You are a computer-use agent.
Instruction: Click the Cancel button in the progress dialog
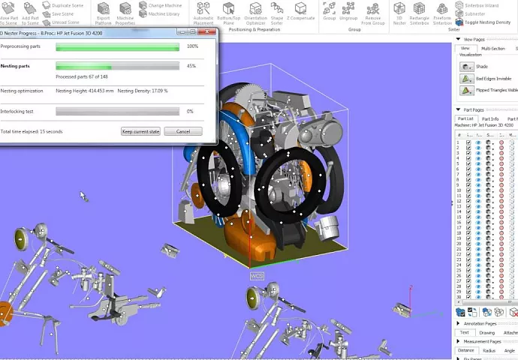pyautogui.click(x=183, y=131)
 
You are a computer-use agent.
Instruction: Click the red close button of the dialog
pyautogui.click(x=209, y=33)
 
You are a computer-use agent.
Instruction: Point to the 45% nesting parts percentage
pyautogui.click(x=191, y=66)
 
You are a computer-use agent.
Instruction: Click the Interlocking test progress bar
pyautogui.click(x=117, y=111)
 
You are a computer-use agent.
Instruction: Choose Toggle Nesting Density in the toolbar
pyautogui.click(x=486, y=22)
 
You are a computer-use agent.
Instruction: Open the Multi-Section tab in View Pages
pyautogui.click(x=493, y=48)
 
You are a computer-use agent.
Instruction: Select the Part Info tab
pyautogui.click(x=490, y=118)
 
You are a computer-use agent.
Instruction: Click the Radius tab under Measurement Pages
pyautogui.click(x=489, y=349)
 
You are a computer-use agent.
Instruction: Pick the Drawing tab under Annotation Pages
pyautogui.click(x=486, y=332)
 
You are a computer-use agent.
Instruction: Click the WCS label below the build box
pyautogui.click(x=257, y=276)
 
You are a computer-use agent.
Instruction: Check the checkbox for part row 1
pyautogui.click(x=469, y=142)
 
